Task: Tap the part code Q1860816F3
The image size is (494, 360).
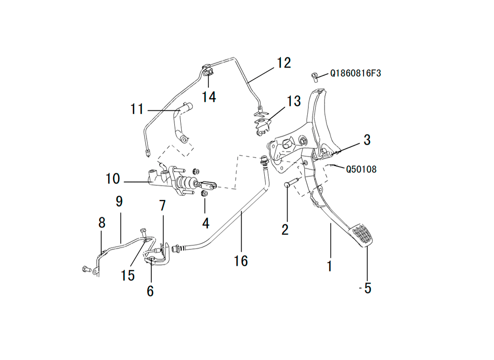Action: coord(356,74)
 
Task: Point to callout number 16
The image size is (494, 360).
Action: coord(241,260)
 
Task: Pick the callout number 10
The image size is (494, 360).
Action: coord(113,178)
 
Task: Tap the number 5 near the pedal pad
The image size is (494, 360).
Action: coord(367,288)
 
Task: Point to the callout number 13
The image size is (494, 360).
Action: coord(293,101)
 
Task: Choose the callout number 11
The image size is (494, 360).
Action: coord(137,108)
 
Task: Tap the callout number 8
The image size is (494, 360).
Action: coord(102,223)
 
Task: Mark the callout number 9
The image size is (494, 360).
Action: coord(119,201)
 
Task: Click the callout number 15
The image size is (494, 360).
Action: coord(127,275)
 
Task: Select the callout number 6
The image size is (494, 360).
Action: coord(150,291)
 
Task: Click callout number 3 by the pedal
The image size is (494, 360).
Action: coord(367,140)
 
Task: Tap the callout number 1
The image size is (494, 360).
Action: coord(329,266)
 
